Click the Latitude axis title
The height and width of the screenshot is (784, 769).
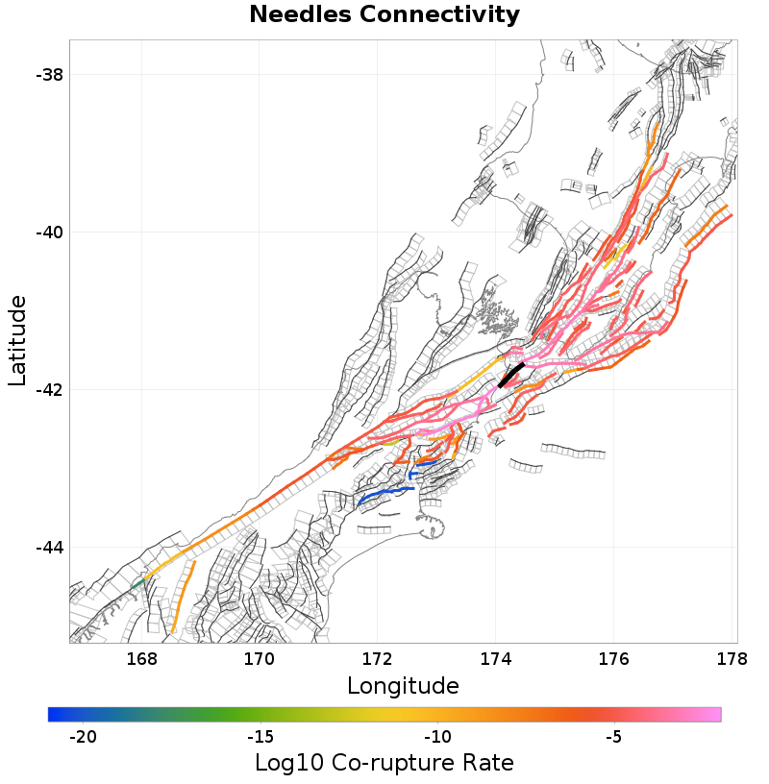click(x=17, y=341)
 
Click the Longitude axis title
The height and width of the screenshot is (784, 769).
click(x=403, y=686)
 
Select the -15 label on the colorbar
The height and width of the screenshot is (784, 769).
click(x=260, y=737)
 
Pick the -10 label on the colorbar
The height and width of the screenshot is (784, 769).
click(x=436, y=737)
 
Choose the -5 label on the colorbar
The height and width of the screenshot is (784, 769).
click(x=613, y=737)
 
